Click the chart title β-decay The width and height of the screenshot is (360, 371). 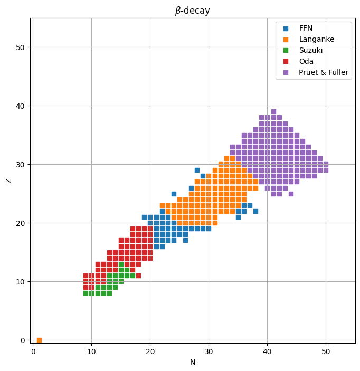coord(193,11)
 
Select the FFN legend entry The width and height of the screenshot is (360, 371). coord(306,28)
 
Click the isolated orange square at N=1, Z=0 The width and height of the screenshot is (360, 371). coord(39,340)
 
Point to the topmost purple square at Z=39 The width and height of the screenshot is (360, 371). coord(273,111)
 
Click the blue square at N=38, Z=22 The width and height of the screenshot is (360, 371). coord(255,211)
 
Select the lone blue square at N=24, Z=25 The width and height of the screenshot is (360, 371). coord(174,194)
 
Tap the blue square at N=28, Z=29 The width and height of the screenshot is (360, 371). coord(197,170)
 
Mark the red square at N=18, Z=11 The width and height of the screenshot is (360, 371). coord(138,275)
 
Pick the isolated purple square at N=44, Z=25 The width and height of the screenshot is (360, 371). coord(291,194)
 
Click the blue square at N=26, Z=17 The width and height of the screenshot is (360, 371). coord(185,240)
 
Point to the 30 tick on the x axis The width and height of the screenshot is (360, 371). coord(209,344)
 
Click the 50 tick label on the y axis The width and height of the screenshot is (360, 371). coord(21,47)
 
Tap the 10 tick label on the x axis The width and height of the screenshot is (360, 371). coord(91,350)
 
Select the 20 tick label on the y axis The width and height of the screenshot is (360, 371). coord(21,223)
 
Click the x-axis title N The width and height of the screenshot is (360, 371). coord(193,362)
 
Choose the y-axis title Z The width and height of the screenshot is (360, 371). coord(8,180)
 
